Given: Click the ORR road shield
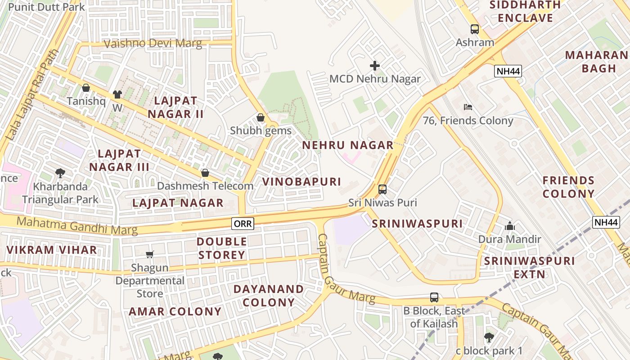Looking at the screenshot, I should click(x=243, y=223).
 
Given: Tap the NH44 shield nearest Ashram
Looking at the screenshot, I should click(x=508, y=71).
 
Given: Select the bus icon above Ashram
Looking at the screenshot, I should click(x=475, y=29).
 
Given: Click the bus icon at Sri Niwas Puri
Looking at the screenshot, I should click(x=382, y=189).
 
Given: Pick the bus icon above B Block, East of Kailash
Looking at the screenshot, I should click(x=434, y=297).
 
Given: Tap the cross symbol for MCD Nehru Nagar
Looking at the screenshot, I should click(x=374, y=66).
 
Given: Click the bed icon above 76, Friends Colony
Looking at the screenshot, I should click(x=468, y=107).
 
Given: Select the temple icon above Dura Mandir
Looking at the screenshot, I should click(x=509, y=226).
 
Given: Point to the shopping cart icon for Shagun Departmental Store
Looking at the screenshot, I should click(x=150, y=255).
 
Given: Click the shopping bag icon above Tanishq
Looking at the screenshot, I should click(x=86, y=88).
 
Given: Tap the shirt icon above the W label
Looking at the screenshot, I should click(x=117, y=94).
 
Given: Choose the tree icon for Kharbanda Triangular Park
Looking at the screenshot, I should click(x=60, y=173).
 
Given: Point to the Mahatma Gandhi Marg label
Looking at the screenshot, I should click(x=76, y=225).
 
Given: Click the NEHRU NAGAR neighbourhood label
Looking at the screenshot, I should click(x=347, y=145).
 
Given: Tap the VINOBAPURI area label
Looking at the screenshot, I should click(x=301, y=182).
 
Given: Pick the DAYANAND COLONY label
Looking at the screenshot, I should click(x=269, y=295).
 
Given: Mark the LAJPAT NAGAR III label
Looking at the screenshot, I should click(x=119, y=160).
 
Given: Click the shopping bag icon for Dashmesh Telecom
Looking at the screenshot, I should click(x=205, y=173).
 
